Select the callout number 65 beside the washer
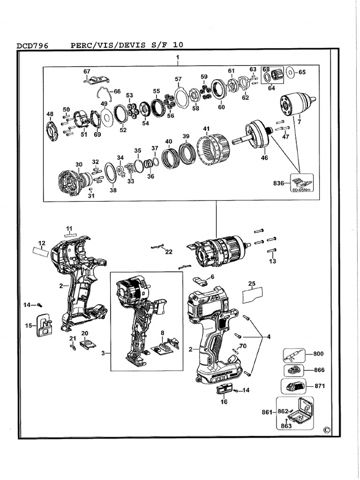302,72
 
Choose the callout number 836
279,183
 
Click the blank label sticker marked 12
40,251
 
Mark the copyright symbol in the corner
327,430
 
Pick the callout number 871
320,387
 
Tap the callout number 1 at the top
178,57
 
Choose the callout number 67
87,71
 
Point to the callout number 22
168,252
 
